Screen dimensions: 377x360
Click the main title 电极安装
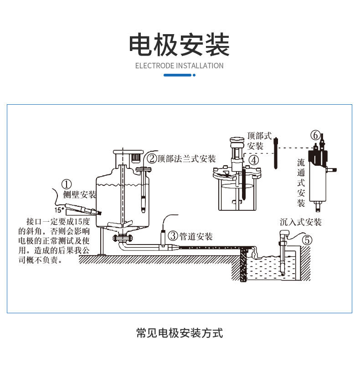pyautogui.click(x=180, y=44)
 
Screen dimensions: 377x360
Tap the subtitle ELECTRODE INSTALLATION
pyautogui.click(x=180, y=66)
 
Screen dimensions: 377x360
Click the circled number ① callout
pyautogui.click(x=67, y=184)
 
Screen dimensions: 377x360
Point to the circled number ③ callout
pyautogui.click(x=173, y=236)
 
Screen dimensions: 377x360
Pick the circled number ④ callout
pyautogui.click(x=253, y=159)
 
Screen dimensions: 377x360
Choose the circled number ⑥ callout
pyautogui.click(x=315, y=135)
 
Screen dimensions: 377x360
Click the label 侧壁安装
pyautogui.click(x=80, y=195)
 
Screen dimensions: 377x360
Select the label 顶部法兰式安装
pyautogui.click(x=187, y=158)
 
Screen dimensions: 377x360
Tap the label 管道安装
pyautogui.click(x=196, y=236)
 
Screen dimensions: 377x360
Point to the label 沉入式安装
pyautogui.click(x=301, y=222)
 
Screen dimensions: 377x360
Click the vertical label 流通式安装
pyautogui.click(x=301, y=182)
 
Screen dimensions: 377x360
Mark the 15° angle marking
pyautogui.click(x=58, y=210)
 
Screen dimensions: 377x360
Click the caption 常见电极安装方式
pyautogui.click(x=180, y=333)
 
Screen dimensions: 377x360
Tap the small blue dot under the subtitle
pyautogui.click(x=194, y=75)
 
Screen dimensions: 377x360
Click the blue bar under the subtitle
pyautogui.click(x=177, y=75)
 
